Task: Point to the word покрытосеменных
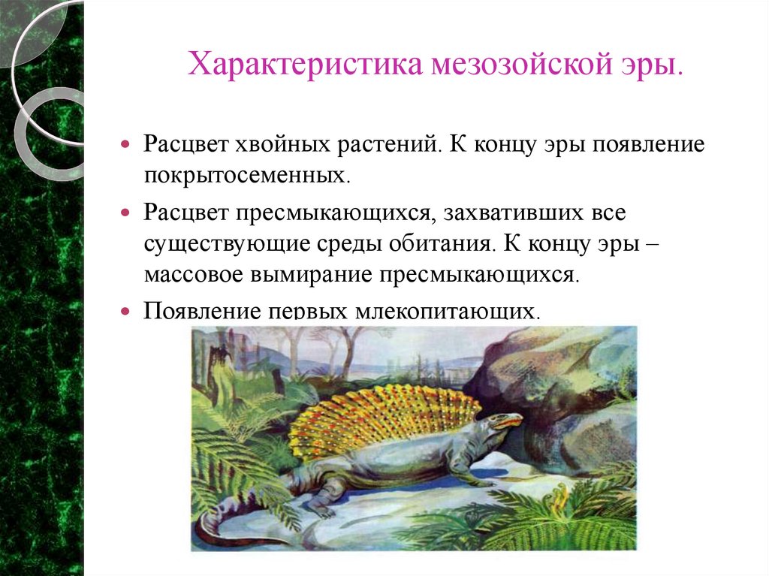click(248, 178)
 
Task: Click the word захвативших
click(511, 213)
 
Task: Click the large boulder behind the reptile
click(556, 375)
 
